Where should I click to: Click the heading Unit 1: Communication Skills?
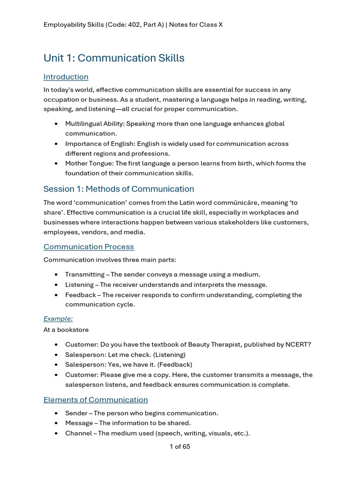tap(114, 58)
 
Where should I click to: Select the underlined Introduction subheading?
tap(66, 77)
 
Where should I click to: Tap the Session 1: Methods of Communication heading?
tap(119, 189)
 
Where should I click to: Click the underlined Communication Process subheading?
tap(89, 247)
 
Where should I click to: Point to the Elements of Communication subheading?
tap(96, 400)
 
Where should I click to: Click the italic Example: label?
tap(58, 319)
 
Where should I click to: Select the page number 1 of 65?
tap(180, 447)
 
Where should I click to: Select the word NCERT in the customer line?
tap(298, 345)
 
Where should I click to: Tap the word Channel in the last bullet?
tap(78, 433)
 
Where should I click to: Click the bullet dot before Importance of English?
tap(56, 144)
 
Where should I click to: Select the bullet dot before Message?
tap(56, 423)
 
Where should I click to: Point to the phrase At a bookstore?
tap(66, 330)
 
